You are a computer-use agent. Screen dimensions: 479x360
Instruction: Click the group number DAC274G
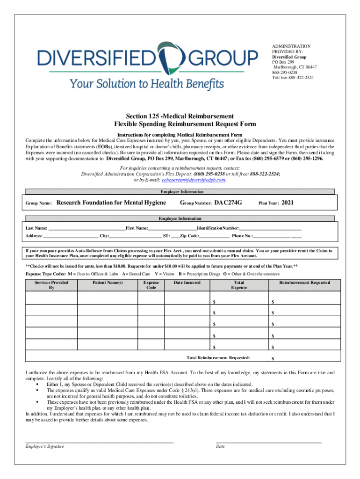[228, 203]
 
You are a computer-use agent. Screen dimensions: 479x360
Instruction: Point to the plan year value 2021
[288, 203]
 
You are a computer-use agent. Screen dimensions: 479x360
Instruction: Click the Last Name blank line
[87, 228]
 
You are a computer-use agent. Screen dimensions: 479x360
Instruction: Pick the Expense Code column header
[151, 285]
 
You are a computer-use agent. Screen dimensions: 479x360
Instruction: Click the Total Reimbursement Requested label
[218, 358]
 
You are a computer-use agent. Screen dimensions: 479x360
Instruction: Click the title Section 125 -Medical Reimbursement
[180, 116]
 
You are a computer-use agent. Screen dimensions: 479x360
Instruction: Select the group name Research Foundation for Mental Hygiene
[111, 203]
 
